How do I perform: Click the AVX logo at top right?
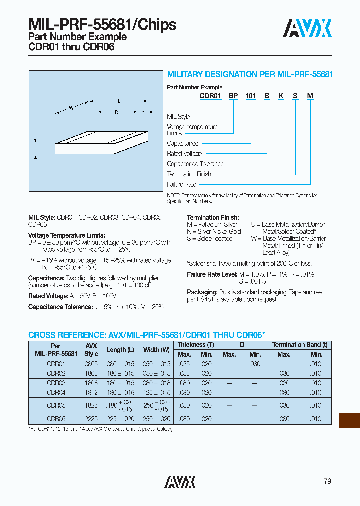click(x=307, y=28)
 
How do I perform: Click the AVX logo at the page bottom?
click(x=180, y=482)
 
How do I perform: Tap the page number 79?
click(x=327, y=481)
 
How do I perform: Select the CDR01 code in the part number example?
click(x=210, y=96)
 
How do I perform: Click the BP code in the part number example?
click(x=233, y=96)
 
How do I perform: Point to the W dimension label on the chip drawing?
click(x=71, y=107)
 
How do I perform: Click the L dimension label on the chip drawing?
click(x=119, y=101)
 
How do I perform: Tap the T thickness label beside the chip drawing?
click(x=35, y=149)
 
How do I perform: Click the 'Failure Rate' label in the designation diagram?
click(x=181, y=184)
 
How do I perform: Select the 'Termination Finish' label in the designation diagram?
click(x=189, y=174)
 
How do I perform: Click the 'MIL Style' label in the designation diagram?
click(x=178, y=117)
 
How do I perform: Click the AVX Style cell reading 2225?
click(x=91, y=419)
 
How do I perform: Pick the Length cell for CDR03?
click(x=120, y=383)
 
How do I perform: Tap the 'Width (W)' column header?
click(x=154, y=350)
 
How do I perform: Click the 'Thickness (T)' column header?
click(x=195, y=345)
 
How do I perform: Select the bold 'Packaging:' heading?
click(x=202, y=292)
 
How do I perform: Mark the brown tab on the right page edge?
click(x=349, y=420)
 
